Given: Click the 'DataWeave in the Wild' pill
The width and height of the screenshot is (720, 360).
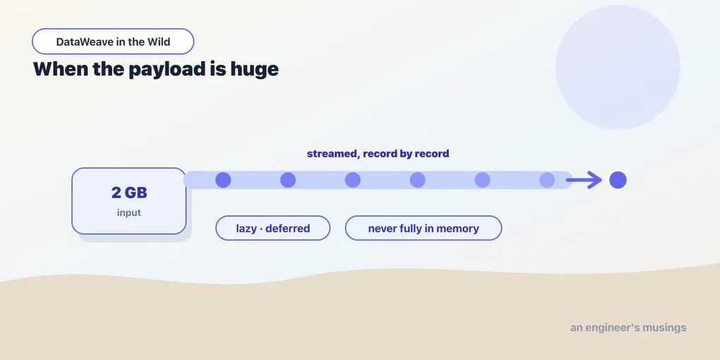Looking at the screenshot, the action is pos(113,42).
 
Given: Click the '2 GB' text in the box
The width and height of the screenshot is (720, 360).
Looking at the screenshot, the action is pos(129,193).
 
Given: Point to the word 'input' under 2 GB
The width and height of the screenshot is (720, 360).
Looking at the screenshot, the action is pos(129,212).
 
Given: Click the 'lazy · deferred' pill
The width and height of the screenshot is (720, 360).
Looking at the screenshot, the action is pos(272,228).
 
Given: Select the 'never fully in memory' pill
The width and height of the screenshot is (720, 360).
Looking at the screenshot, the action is pos(424,228).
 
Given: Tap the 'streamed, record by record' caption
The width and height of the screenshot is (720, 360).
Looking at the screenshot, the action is pos(378,153).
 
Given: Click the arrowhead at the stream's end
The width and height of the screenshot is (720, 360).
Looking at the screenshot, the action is pos(596,180).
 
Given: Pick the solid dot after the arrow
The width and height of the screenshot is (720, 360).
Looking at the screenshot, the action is pos(618,180).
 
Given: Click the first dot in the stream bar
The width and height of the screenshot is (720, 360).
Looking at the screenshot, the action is pos(223,180).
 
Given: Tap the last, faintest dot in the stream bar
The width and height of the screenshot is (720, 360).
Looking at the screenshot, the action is pos(547,180).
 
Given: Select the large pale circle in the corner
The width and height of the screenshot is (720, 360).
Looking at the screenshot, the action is pos(618,67).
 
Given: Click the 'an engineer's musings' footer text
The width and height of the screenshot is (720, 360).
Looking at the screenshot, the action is pos(628,328).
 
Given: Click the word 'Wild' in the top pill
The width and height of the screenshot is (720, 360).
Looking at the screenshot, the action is pos(159,42).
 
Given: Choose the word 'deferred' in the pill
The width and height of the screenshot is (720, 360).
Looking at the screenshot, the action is pos(287,228).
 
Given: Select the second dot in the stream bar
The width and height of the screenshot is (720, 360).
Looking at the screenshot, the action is pos(288,180).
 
